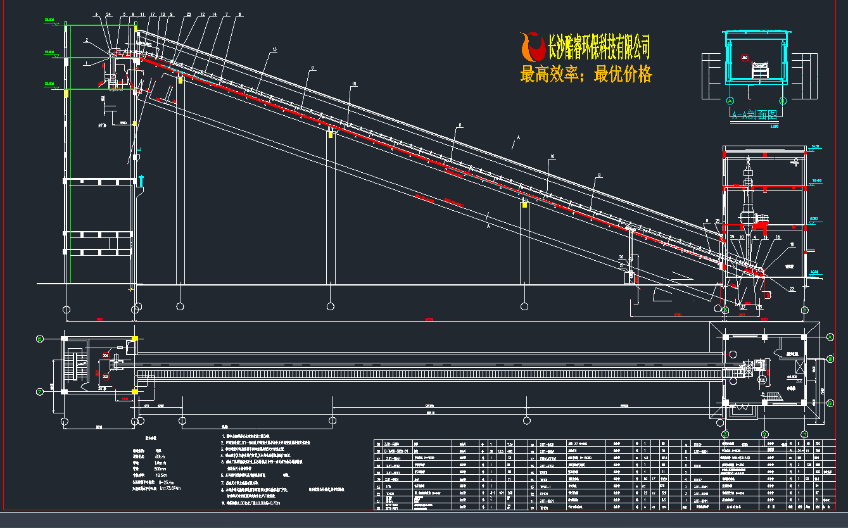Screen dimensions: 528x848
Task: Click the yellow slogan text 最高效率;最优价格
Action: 586,75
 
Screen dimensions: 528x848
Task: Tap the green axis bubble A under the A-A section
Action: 730,101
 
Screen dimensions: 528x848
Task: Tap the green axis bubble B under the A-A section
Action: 782,101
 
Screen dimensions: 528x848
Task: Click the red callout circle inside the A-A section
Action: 745,58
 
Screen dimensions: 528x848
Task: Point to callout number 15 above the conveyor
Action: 274,49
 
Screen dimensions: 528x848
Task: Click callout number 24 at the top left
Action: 108,13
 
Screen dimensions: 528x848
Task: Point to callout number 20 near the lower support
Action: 621,257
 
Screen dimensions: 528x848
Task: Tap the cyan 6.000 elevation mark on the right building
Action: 814,218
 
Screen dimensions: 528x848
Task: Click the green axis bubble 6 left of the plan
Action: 40,338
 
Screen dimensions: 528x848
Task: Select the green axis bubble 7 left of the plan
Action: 40,391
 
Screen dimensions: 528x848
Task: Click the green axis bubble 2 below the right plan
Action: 764,434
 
